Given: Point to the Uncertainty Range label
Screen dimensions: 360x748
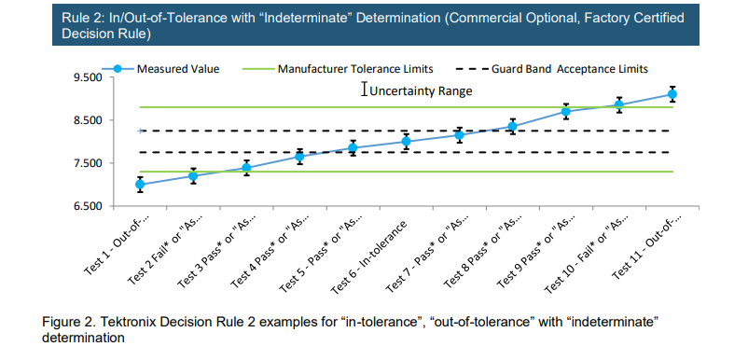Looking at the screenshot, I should [x=421, y=91].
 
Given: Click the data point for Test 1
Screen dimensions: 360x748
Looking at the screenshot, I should [x=140, y=185].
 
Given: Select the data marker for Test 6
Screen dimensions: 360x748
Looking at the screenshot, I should [x=406, y=142].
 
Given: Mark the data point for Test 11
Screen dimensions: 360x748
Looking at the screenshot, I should [x=672, y=94].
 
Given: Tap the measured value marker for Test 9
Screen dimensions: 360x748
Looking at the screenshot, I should [x=565, y=112].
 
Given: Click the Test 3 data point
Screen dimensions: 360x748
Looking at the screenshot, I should [x=246, y=168].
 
